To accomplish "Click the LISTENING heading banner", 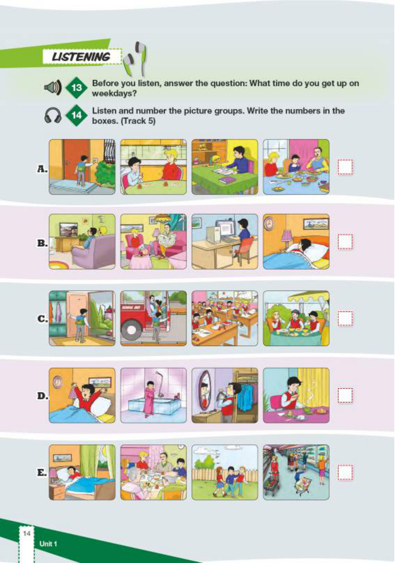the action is tap(82, 57).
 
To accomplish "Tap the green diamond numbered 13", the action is tap(77, 88).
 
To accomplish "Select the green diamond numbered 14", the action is tap(77, 115).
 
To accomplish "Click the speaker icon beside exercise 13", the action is tap(52, 87).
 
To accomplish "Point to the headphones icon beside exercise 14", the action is tap(53, 116).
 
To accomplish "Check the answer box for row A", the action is tap(345, 167).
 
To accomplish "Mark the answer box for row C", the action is tap(345, 319).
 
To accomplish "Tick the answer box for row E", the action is tap(345, 472).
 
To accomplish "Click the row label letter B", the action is tap(42, 243).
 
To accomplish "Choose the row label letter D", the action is tap(42, 396).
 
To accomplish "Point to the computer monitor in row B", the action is tap(228, 230).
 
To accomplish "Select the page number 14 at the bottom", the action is tap(26, 532).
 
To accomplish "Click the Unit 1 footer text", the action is tap(48, 543).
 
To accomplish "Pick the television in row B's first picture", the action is tap(68, 229).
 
